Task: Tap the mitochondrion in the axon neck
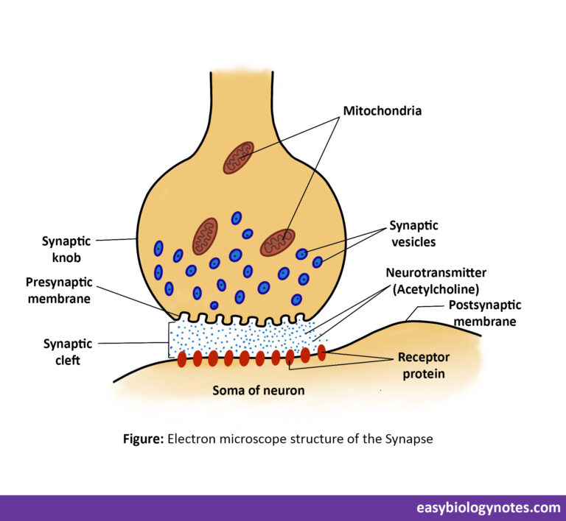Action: [238, 157]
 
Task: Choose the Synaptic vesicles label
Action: [413, 233]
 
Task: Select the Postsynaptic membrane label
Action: [484, 313]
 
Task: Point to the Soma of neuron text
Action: [258, 391]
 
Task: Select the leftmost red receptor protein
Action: [182, 359]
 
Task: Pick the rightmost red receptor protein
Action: [321, 352]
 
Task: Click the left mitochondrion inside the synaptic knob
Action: [205, 236]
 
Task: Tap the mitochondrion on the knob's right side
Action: [277, 242]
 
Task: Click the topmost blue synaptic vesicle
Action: [237, 218]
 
